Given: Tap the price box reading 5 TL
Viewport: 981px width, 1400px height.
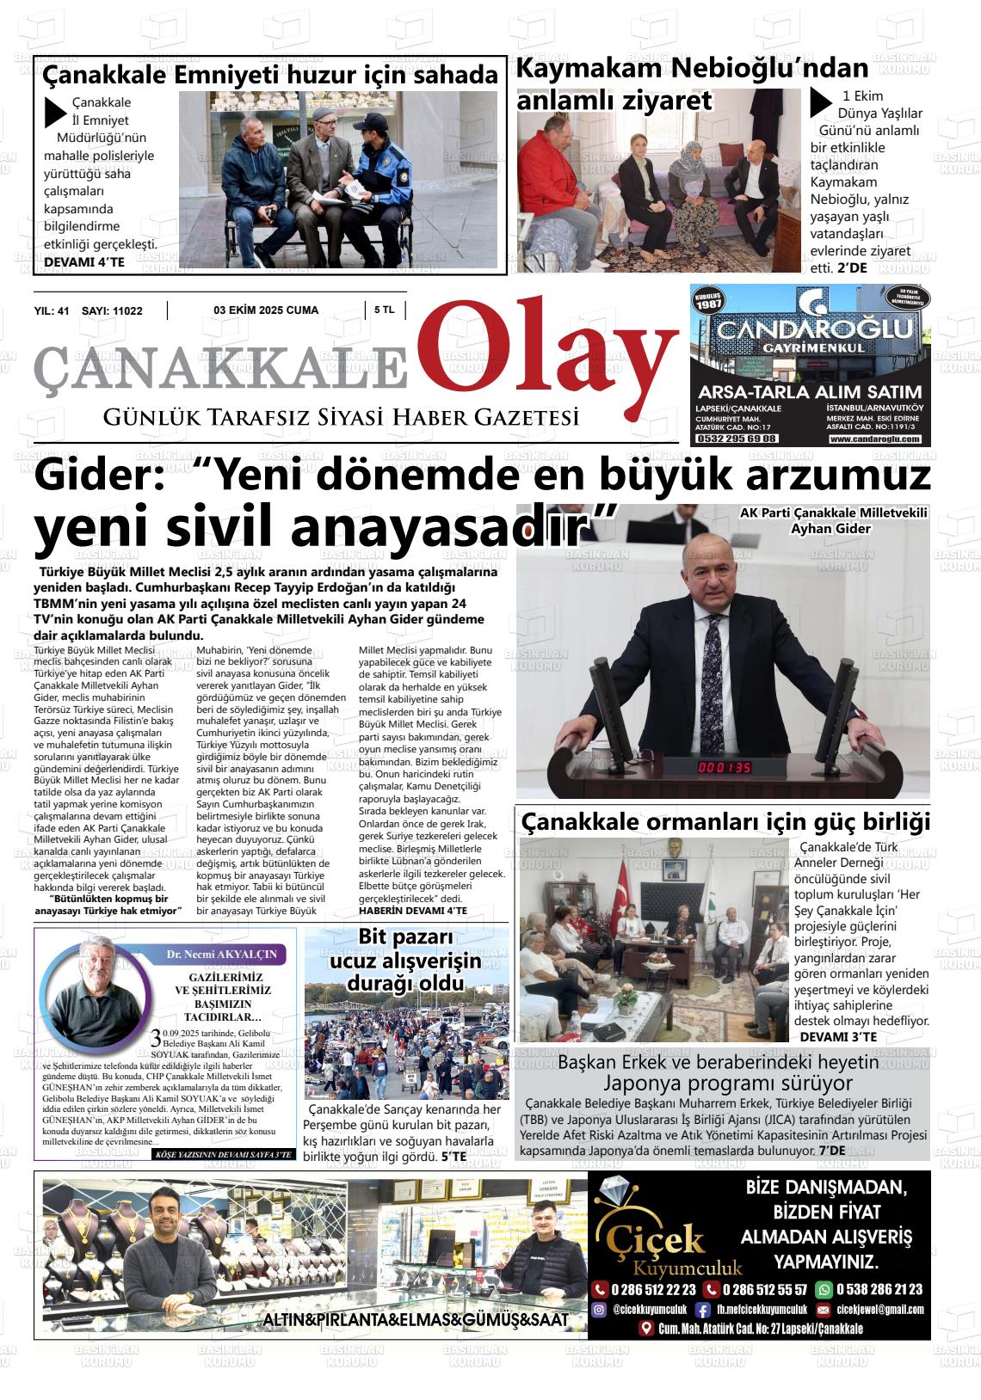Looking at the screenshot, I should tap(384, 310).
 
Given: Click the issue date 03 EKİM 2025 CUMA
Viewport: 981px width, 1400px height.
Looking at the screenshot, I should tap(266, 310).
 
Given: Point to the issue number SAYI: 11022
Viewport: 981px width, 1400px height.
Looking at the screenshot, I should tap(112, 310).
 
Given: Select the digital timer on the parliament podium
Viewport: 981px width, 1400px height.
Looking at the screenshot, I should tap(724, 767).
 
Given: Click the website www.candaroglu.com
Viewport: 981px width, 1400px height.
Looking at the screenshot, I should tap(874, 439).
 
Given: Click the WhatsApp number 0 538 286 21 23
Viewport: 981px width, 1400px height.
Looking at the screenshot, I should tap(877, 1289).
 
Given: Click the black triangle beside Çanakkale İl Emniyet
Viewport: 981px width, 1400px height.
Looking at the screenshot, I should tap(56, 113).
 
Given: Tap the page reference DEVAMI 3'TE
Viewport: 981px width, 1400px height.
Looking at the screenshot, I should tap(838, 1037).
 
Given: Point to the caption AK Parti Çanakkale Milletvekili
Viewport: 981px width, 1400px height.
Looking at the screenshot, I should tap(833, 513).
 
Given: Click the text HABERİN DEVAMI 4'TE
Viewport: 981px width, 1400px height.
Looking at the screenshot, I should tap(412, 910).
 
